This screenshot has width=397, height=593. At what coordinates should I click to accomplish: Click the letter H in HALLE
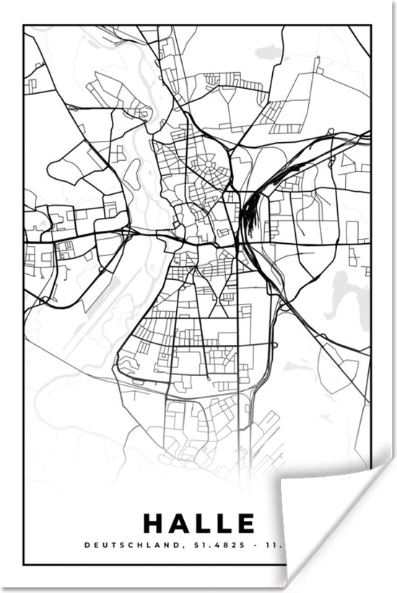pos(154,521)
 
